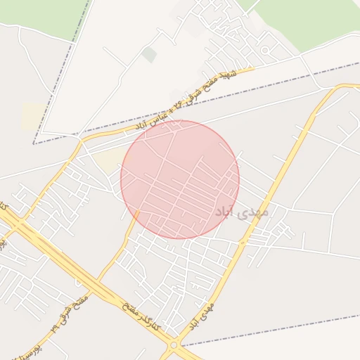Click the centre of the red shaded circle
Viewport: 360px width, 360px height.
[180, 179]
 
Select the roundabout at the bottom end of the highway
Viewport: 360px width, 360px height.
[173, 347]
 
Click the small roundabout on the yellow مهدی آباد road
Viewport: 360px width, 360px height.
[243, 243]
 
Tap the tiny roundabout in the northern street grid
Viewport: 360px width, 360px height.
[265, 50]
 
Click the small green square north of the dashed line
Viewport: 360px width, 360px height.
[149, 54]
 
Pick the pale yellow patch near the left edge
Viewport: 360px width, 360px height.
[32, 117]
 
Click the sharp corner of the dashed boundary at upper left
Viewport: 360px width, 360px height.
[34, 143]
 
